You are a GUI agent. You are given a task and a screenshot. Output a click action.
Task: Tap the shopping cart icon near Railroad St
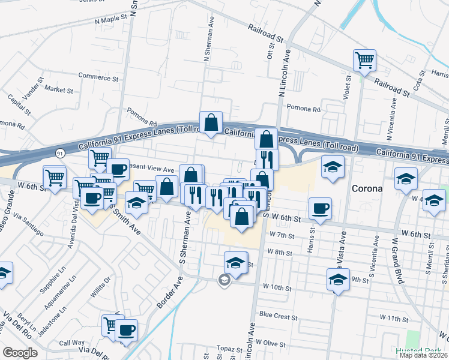pyautogui.click(x=364, y=61)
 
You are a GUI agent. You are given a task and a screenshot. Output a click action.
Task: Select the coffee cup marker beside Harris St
pyautogui.click(x=319, y=209)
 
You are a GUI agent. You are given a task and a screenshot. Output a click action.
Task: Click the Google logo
pyautogui.click(x=20, y=353)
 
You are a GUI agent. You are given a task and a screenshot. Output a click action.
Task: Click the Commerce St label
pyautogui.click(x=100, y=77)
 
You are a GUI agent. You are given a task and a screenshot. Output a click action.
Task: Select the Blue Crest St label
pyautogui.click(x=279, y=314)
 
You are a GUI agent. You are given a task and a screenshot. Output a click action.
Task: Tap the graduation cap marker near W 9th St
pyautogui.click(x=339, y=279)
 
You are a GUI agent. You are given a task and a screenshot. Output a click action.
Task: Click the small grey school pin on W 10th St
pyautogui.click(x=224, y=280)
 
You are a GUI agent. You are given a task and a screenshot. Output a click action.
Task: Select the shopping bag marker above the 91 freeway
pyautogui.click(x=211, y=123)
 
